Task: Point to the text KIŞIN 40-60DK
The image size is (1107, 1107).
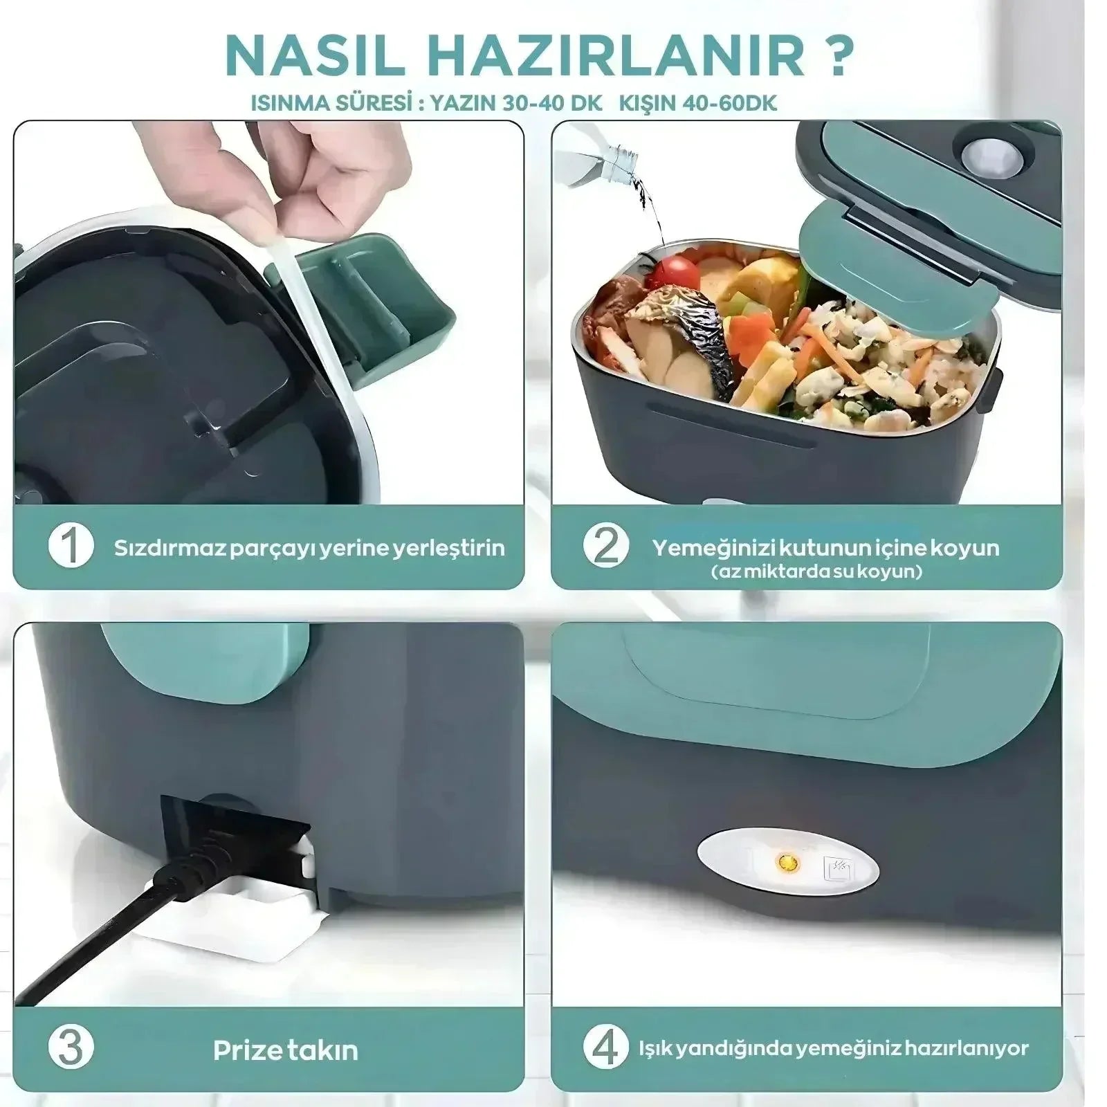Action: pos(697,104)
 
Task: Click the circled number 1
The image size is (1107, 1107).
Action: pos(71,546)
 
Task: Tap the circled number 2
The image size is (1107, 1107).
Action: pos(606,546)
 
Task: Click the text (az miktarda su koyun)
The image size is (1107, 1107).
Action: pos(816,572)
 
